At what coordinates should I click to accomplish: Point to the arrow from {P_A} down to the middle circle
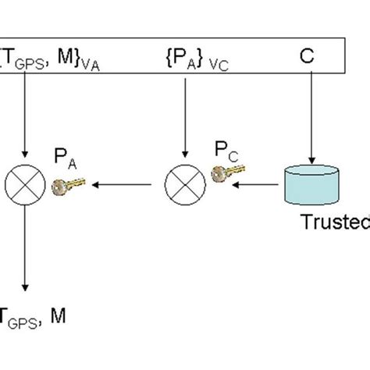(184, 117)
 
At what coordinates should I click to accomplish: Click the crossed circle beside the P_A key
(24, 185)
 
